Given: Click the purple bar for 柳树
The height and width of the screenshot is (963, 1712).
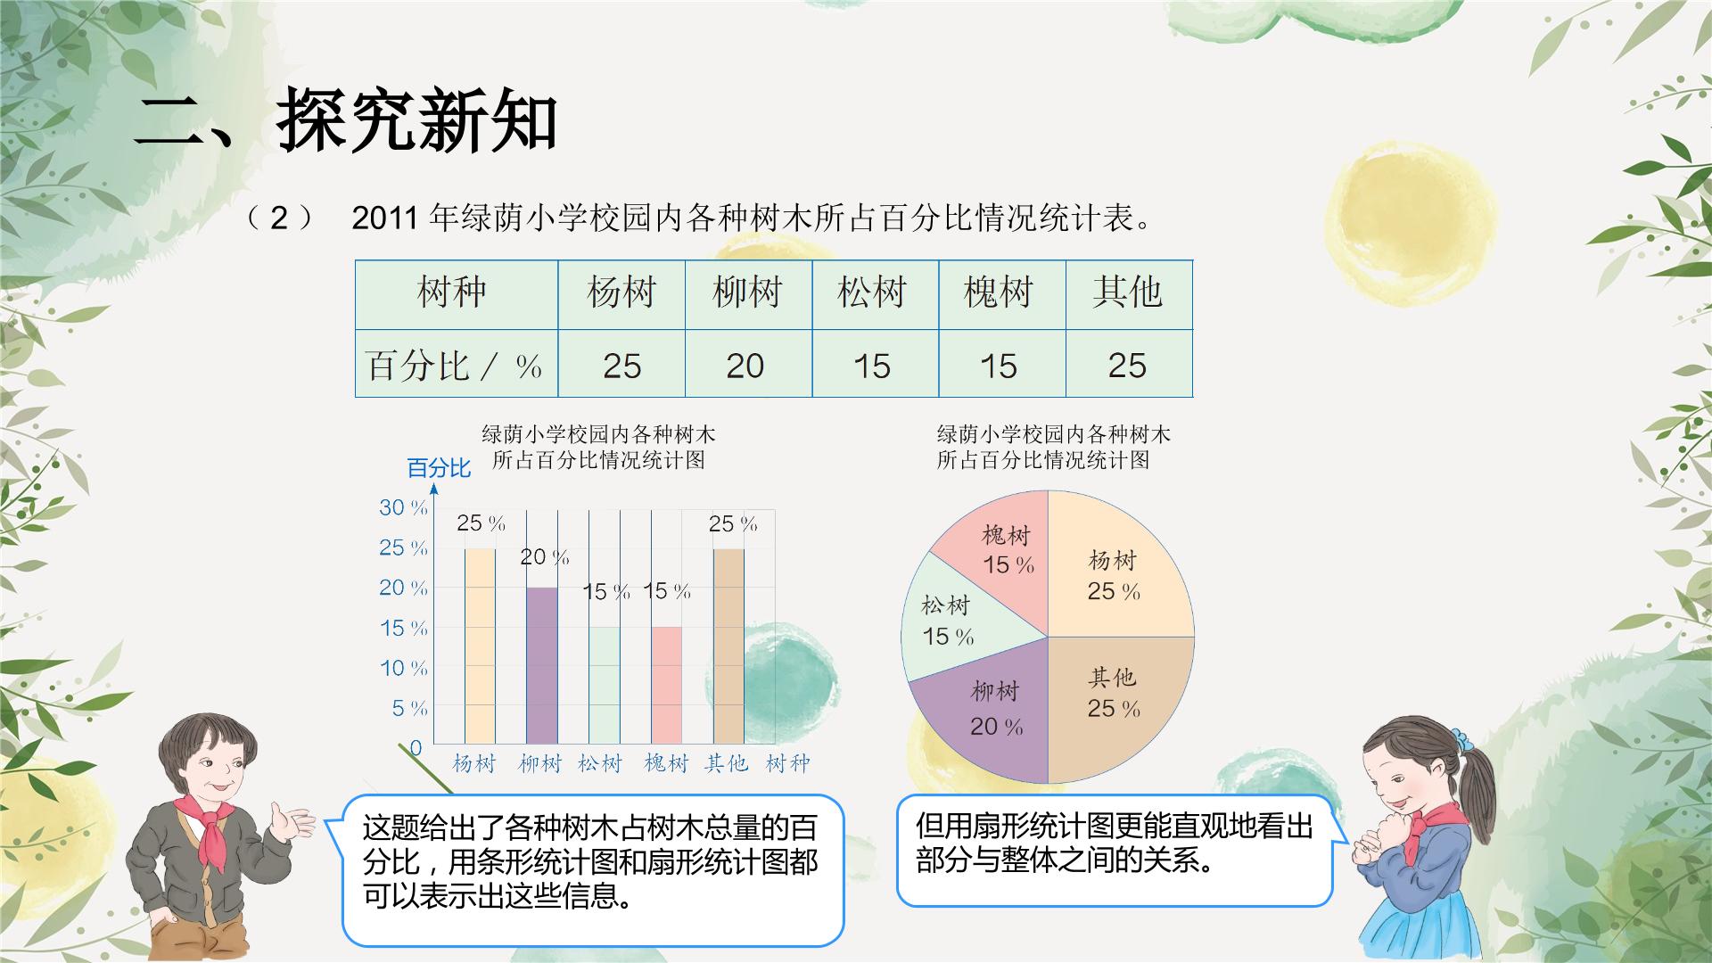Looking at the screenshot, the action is point(542,665).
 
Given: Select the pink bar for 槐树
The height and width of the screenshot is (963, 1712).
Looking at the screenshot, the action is point(666,685).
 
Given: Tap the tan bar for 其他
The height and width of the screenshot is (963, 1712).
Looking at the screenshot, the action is point(728,646).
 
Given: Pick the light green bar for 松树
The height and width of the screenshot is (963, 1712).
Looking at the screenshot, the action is point(604,685).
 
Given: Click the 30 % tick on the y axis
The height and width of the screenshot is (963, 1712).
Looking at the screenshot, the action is point(403,507).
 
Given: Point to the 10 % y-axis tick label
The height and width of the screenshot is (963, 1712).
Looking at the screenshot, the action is point(403,668).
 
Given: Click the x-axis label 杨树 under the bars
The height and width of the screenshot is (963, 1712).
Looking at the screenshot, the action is point(473,763).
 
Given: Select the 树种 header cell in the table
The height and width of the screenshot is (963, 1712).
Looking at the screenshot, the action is point(457,294).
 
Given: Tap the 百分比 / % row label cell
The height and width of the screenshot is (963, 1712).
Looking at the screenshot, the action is point(457,364).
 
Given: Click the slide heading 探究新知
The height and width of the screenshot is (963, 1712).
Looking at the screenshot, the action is point(417,120).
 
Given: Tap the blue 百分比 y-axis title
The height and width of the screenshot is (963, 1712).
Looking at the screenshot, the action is point(439,468).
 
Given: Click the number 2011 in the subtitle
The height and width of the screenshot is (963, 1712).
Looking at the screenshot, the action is point(385,218).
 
